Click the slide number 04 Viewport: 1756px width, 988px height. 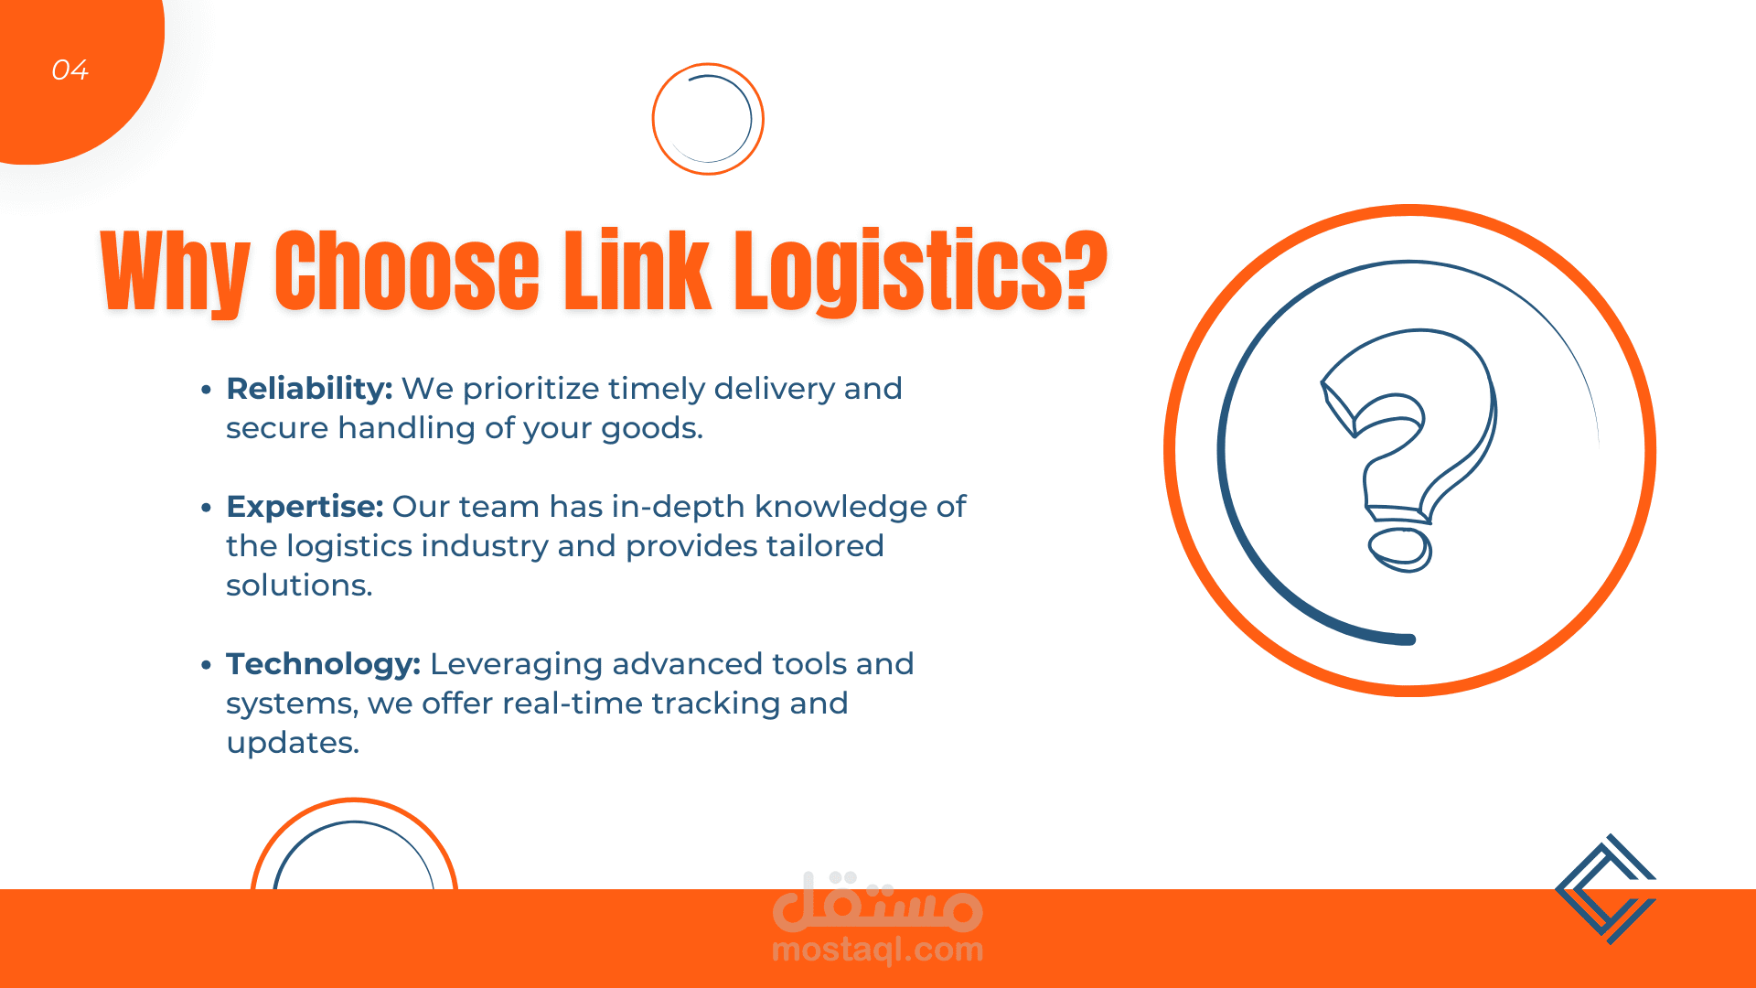(70, 70)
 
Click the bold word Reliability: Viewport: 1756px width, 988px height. (309, 389)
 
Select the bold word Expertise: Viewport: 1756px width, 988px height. (305, 507)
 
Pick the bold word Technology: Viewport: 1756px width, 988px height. (323, 664)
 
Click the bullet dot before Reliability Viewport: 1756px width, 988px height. (206, 390)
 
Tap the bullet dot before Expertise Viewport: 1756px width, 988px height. (206, 508)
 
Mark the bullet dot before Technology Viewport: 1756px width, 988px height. (206, 665)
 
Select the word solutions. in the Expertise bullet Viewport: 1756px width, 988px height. (299, 585)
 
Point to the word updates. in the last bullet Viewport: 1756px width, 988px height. (293, 743)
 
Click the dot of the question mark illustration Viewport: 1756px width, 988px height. (1399, 549)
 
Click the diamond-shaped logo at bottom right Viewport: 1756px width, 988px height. (1606, 888)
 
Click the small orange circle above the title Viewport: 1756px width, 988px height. (708, 119)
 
